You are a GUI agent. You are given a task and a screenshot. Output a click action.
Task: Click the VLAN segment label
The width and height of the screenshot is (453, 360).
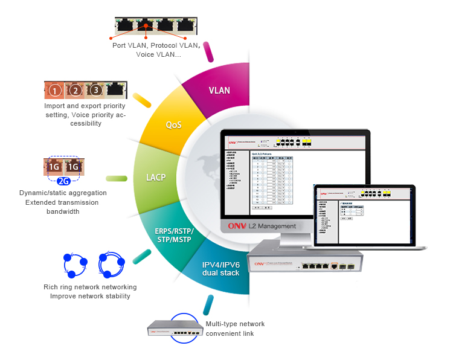tap(219, 91)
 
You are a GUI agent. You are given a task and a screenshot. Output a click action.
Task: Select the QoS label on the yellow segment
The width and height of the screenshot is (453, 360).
tap(174, 125)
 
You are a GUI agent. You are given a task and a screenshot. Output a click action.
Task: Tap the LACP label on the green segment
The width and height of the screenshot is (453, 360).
tap(156, 178)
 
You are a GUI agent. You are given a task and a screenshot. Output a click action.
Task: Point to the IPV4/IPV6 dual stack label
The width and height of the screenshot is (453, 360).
tap(221, 268)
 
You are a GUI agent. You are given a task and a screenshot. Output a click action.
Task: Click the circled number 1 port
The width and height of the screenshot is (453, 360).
tap(55, 91)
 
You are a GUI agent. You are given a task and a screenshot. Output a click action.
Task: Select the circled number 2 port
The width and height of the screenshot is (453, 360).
tap(75, 91)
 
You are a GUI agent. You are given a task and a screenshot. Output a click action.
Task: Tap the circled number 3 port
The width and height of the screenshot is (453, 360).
tap(95, 91)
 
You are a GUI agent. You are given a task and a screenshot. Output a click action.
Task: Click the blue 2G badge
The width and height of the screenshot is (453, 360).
tap(63, 180)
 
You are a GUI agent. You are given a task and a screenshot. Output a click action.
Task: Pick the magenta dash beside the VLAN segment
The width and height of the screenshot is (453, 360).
tap(210, 52)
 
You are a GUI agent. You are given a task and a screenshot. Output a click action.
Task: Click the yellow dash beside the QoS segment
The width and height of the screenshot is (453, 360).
tap(142, 100)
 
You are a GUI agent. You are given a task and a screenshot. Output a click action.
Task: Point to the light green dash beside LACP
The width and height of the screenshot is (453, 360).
tap(117, 178)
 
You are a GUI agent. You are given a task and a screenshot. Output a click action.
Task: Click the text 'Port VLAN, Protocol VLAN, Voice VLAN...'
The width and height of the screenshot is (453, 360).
tap(156, 50)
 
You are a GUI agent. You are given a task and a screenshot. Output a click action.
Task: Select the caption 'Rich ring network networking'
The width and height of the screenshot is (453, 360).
tap(90, 287)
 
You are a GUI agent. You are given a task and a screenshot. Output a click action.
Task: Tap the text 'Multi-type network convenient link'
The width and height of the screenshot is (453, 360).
tap(235, 329)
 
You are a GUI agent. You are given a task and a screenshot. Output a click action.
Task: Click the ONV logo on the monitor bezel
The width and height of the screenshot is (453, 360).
tap(235, 227)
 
